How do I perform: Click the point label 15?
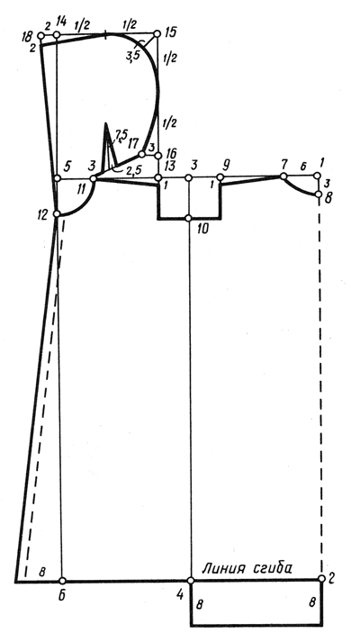pos(171,32)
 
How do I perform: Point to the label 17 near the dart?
pos(132,144)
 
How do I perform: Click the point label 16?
pos(171,154)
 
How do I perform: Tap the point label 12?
pos(42,214)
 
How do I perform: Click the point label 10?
pos(202,229)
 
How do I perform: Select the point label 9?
pos(225,166)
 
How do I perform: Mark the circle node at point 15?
pos(157,33)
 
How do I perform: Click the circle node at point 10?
pos(189,218)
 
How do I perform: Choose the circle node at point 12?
pos(57,213)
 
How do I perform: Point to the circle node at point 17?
pos(141,154)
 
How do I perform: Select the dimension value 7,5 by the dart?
pos(121,135)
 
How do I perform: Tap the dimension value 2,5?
pos(133,172)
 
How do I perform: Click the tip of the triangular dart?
pos(105,122)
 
